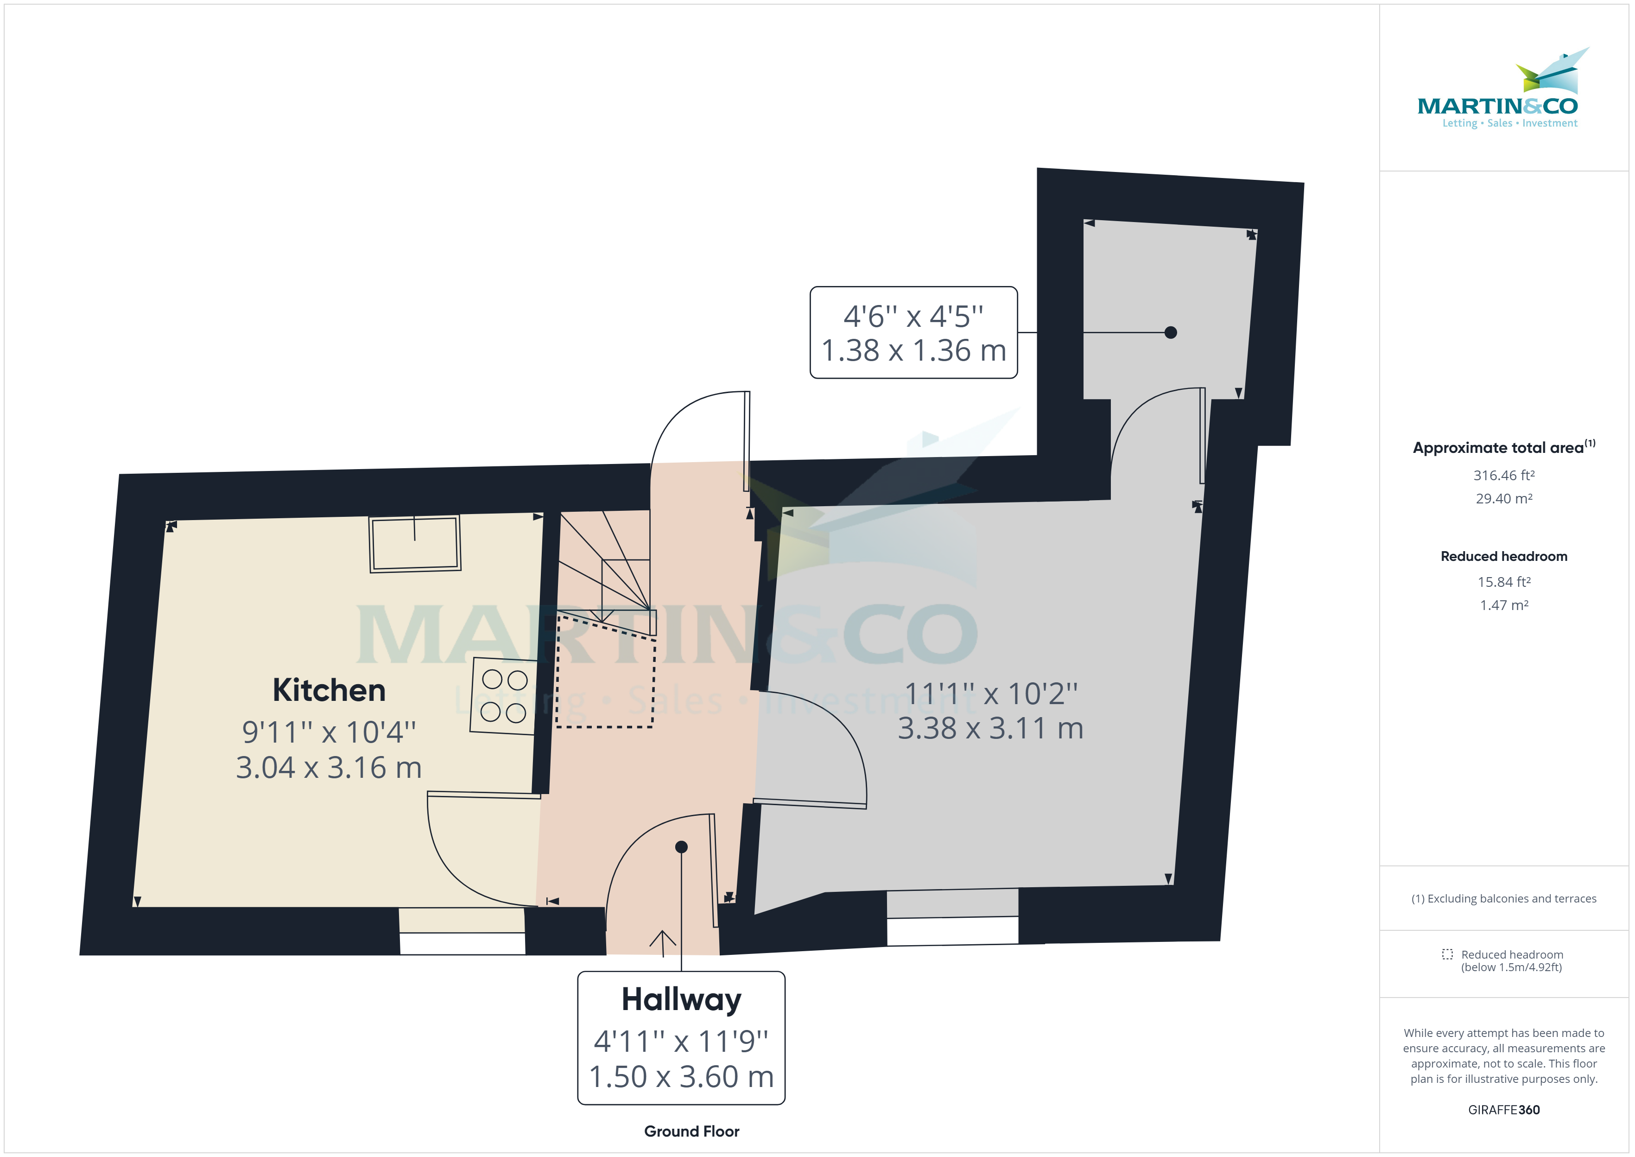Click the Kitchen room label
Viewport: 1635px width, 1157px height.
point(329,690)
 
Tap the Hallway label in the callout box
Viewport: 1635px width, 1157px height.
point(682,999)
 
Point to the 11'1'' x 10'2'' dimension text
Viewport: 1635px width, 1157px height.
point(990,693)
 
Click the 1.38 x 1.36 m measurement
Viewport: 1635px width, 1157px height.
point(913,350)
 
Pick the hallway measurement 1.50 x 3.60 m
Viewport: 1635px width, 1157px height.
point(682,1076)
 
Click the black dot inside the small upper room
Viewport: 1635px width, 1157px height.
point(1171,332)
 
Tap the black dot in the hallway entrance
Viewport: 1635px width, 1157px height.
point(682,847)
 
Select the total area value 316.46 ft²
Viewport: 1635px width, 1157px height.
point(1504,475)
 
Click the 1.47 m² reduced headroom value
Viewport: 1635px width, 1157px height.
point(1504,605)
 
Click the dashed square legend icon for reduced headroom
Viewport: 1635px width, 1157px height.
point(1447,954)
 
